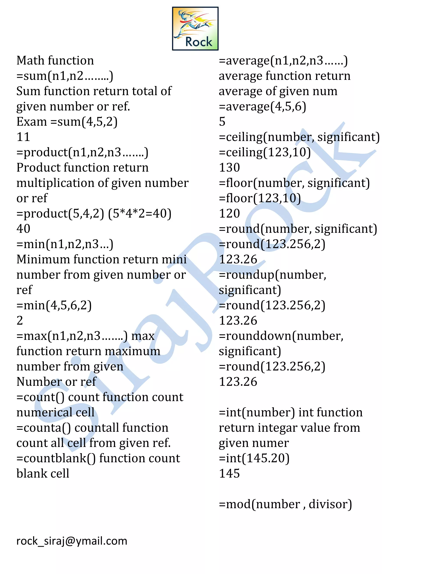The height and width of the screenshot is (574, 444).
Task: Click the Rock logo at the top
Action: [195, 29]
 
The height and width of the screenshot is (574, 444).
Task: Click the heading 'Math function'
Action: [55, 60]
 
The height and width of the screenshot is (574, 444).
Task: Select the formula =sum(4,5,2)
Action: [84, 122]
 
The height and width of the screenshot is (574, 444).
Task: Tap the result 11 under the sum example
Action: [23, 137]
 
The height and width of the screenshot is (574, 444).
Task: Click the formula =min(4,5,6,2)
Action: [54, 305]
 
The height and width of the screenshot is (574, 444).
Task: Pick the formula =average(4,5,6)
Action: [262, 106]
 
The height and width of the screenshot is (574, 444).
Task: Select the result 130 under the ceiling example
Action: [229, 168]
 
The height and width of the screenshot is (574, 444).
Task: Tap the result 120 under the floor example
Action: [229, 213]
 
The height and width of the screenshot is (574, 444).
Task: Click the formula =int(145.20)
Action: [254, 458]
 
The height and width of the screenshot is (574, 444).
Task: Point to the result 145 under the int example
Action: [229, 473]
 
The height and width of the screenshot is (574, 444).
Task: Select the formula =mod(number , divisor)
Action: [285, 504]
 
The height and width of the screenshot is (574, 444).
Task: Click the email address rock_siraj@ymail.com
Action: [72, 541]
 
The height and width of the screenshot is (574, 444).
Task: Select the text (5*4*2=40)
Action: [140, 213]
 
